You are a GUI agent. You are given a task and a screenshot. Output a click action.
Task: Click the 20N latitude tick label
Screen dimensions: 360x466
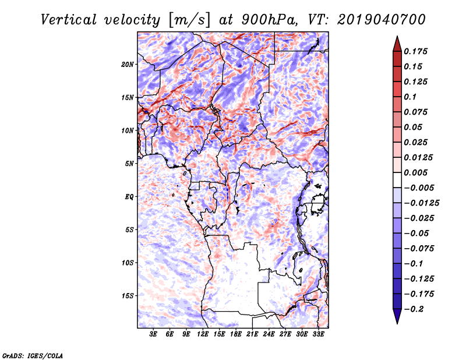(128, 64)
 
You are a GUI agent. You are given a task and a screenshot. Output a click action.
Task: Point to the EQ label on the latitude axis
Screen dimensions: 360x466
(129, 197)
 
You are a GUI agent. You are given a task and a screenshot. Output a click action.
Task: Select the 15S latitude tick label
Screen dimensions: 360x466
(128, 296)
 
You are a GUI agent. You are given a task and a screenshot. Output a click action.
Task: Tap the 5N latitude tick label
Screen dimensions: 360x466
(129, 164)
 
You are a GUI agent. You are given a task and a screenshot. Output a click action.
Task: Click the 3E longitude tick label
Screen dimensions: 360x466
(154, 335)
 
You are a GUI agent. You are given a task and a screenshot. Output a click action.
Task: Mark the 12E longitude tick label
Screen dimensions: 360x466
(203, 335)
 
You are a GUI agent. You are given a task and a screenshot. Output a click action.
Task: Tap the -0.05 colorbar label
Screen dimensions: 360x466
(416, 233)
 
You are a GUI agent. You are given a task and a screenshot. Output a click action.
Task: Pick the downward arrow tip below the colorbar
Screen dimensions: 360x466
(396, 322)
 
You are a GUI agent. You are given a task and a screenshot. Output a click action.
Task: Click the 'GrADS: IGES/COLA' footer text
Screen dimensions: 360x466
(33, 355)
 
